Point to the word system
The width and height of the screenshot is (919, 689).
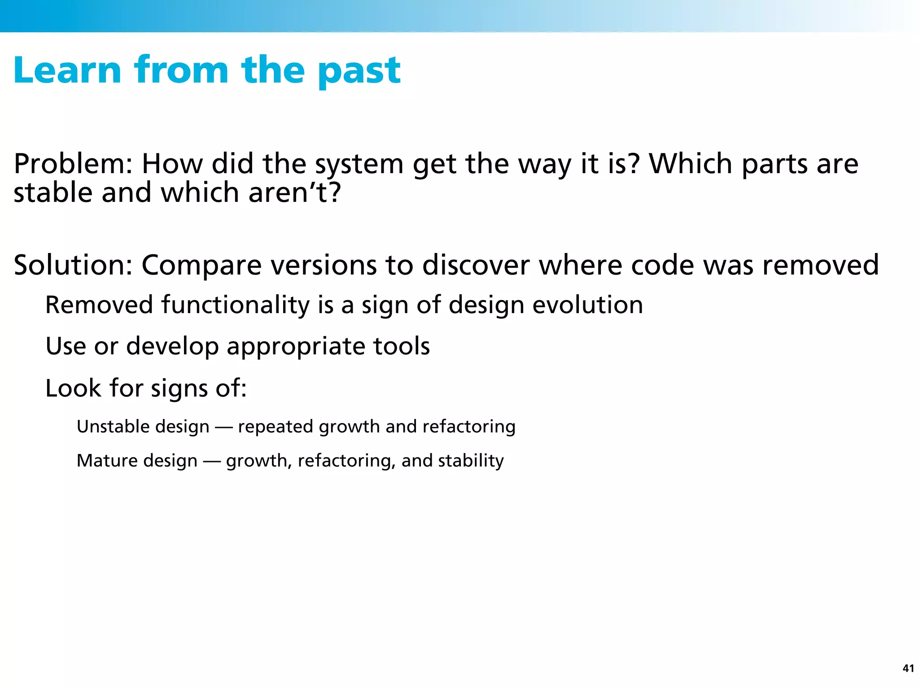click(359, 165)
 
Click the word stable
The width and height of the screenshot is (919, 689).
click(53, 193)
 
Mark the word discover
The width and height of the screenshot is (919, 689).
click(476, 265)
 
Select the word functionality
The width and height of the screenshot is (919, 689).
click(235, 305)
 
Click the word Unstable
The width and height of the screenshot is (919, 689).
click(105, 426)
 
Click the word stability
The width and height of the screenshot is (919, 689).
click(471, 461)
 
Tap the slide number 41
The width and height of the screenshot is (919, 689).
click(908, 668)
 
